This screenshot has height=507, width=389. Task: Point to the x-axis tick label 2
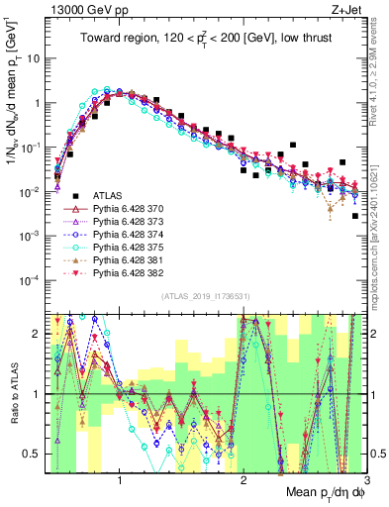point(243,482)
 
